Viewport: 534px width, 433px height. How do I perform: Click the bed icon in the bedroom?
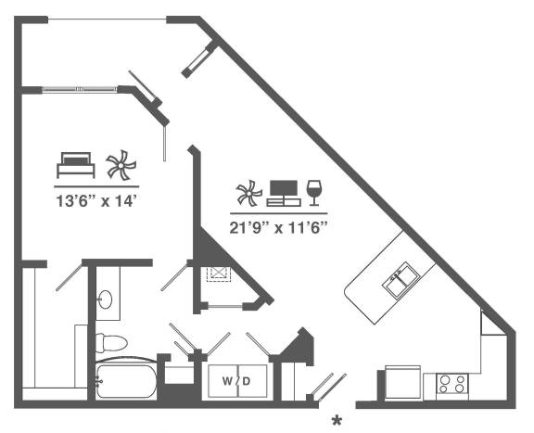click(x=76, y=165)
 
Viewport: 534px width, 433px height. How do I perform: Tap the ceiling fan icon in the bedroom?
click(x=121, y=165)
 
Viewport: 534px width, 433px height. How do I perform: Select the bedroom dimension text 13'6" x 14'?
click(x=98, y=201)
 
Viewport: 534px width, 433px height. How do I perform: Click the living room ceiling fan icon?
click(x=249, y=193)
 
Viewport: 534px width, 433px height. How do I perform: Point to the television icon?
click(x=284, y=193)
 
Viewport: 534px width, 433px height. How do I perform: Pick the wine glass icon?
click(x=313, y=193)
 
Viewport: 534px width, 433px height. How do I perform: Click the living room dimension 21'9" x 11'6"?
click(x=278, y=227)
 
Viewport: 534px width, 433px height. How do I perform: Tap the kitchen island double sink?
click(x=401, y=281)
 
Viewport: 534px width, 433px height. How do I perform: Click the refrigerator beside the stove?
click(x=402, y=383)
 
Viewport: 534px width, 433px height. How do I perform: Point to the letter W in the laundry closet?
click(x=227, y=381)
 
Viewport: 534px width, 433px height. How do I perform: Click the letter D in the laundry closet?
click(x=247, y=381)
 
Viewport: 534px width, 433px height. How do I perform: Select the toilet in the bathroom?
click(x=111, y=343)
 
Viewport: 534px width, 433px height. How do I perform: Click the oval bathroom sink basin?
click(x=105, y=299)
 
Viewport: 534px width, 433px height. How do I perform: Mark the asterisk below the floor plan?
click(x=337, y=421)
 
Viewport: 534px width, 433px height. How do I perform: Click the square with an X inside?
click(x=218, y=274)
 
